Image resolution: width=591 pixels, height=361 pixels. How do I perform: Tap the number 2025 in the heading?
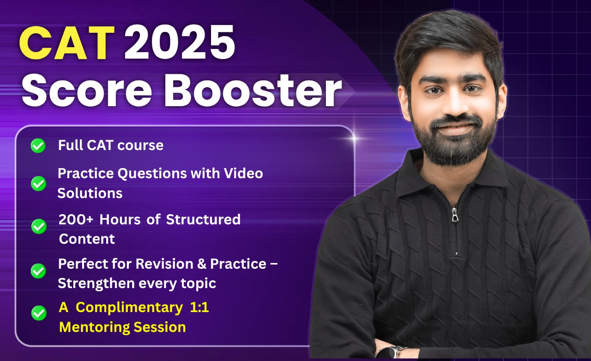pos(179,43)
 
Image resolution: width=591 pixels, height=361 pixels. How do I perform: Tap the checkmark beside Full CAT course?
pos(38,146)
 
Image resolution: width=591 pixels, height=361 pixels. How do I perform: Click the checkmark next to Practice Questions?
pos(38,184)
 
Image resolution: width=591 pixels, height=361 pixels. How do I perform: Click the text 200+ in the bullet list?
pos(76,219)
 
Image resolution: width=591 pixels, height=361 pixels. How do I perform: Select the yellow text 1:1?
pos(199,308)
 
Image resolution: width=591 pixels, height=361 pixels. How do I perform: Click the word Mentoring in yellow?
pos(95,327)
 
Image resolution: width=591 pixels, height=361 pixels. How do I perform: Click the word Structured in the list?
pos(203,219)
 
